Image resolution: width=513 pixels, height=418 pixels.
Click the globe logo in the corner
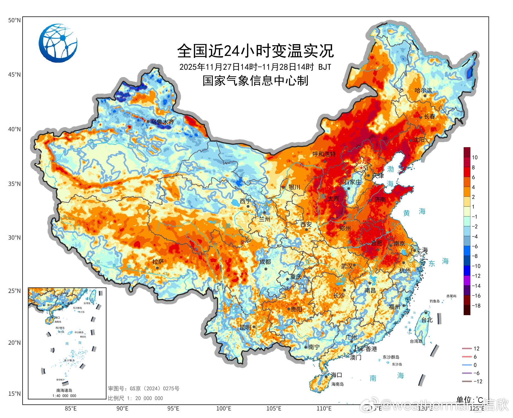click(58, 43)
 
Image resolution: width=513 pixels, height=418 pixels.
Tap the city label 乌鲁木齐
click(162, 122)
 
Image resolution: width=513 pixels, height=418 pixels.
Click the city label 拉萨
click(158, 262)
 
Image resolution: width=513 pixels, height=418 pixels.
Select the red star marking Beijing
click(361, 167)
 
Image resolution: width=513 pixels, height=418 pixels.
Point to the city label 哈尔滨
click(423, 91)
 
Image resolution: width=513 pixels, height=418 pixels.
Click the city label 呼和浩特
click(324, 154)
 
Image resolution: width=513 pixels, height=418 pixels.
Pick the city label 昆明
click(245, 327)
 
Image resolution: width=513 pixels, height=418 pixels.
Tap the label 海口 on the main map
click(336, 375)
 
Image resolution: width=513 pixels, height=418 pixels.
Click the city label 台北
click(427, 320)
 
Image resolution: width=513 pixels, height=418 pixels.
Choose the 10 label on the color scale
click(475, 157)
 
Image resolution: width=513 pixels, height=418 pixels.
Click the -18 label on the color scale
click(476, 306)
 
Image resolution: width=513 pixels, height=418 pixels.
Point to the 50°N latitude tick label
click(14, 20)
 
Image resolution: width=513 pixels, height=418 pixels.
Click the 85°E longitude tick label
click(71, 409)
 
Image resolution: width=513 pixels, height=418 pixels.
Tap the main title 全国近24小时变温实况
click(255, 51)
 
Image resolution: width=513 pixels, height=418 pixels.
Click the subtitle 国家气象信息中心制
click(255, 81)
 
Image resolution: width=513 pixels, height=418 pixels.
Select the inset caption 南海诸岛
click(64, 390)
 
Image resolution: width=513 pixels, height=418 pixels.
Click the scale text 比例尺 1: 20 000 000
click(135, 398)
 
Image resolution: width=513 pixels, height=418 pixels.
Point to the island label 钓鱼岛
click(434, 301)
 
